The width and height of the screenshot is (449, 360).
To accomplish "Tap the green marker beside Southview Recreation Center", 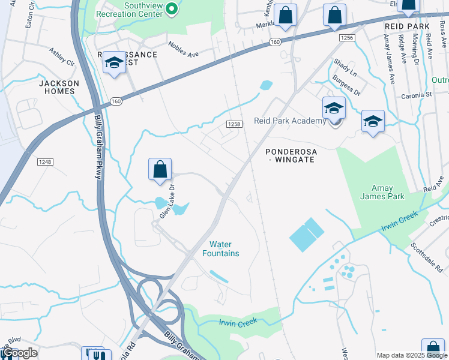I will [171, 8].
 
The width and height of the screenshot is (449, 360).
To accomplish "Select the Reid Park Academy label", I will [290, 121].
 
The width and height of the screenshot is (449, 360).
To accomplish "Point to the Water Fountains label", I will [224, 248].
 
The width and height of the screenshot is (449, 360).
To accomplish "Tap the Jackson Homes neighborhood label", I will [58, 87].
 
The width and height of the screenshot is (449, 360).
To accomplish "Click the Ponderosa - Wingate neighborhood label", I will [291, 156].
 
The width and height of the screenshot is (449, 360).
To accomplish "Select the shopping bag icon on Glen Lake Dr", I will [160, 170].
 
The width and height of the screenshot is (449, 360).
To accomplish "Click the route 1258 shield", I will [234, 124].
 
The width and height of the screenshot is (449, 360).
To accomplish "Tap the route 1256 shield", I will [346, 38].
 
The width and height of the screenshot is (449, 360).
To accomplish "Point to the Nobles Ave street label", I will [183, 49].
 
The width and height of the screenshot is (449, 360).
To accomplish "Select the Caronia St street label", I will [416, 95].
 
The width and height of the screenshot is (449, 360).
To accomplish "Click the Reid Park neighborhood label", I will [408, 27].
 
